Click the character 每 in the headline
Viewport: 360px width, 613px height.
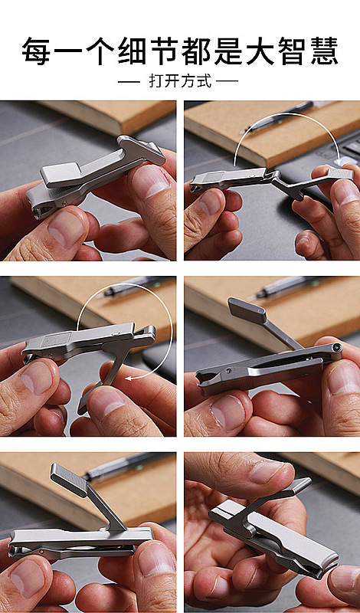pos(36,51)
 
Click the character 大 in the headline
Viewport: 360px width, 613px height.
pos(260,51)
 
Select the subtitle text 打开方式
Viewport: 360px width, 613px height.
pos(180,81)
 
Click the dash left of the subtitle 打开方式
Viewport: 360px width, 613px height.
pos(129,81)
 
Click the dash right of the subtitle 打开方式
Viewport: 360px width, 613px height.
pos(227,81)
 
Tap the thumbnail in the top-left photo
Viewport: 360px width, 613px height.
pos(66,228)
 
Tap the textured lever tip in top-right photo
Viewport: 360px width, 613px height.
pos(339,174)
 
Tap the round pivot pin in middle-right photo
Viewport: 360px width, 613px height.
pos(335,348)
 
